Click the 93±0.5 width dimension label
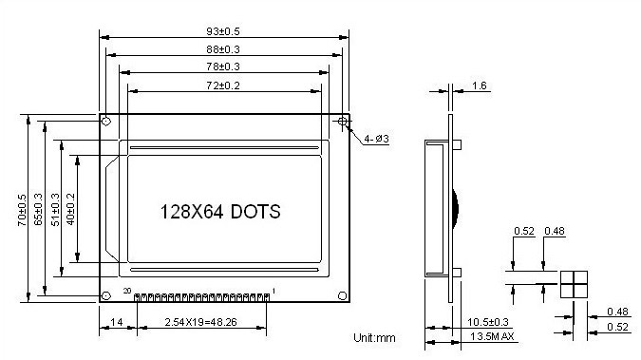[223, 31]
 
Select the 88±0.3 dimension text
[223, 49]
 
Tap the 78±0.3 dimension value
[223, 66]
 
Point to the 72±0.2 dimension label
[223, 85]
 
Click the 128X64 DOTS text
[220, 212]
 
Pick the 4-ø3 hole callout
[376, 139]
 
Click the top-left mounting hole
[105, 122]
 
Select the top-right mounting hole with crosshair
[343, 121]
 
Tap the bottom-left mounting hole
[105, 295]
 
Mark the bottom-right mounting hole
[343, 295]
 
